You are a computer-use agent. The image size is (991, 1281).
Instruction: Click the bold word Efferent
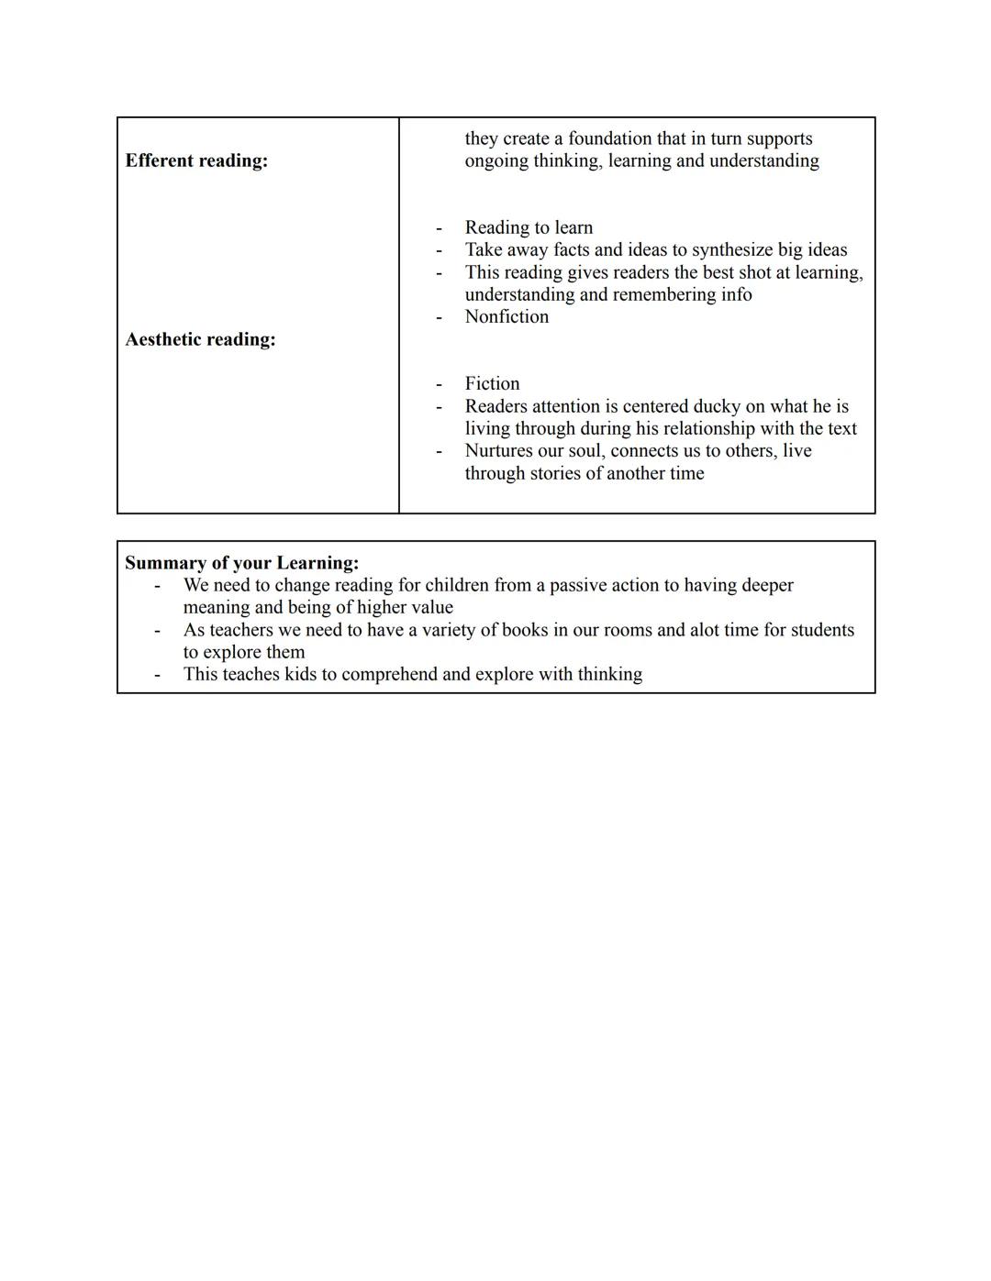point(161,160)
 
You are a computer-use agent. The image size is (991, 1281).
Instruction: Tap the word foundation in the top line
point(610,138)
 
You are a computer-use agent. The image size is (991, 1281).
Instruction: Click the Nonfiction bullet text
point(507,316)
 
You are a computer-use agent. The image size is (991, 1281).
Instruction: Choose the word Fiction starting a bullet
point(492,383)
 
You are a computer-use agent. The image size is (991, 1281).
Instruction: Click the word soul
point(583,451)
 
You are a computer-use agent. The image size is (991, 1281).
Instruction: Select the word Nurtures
point(500,451)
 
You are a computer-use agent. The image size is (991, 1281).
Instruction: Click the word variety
point(451,630)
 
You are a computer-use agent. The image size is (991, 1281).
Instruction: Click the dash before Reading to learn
point(439,227)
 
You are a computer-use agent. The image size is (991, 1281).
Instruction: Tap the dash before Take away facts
point(439,249)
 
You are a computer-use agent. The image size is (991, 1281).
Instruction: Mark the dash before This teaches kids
point(158,674)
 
